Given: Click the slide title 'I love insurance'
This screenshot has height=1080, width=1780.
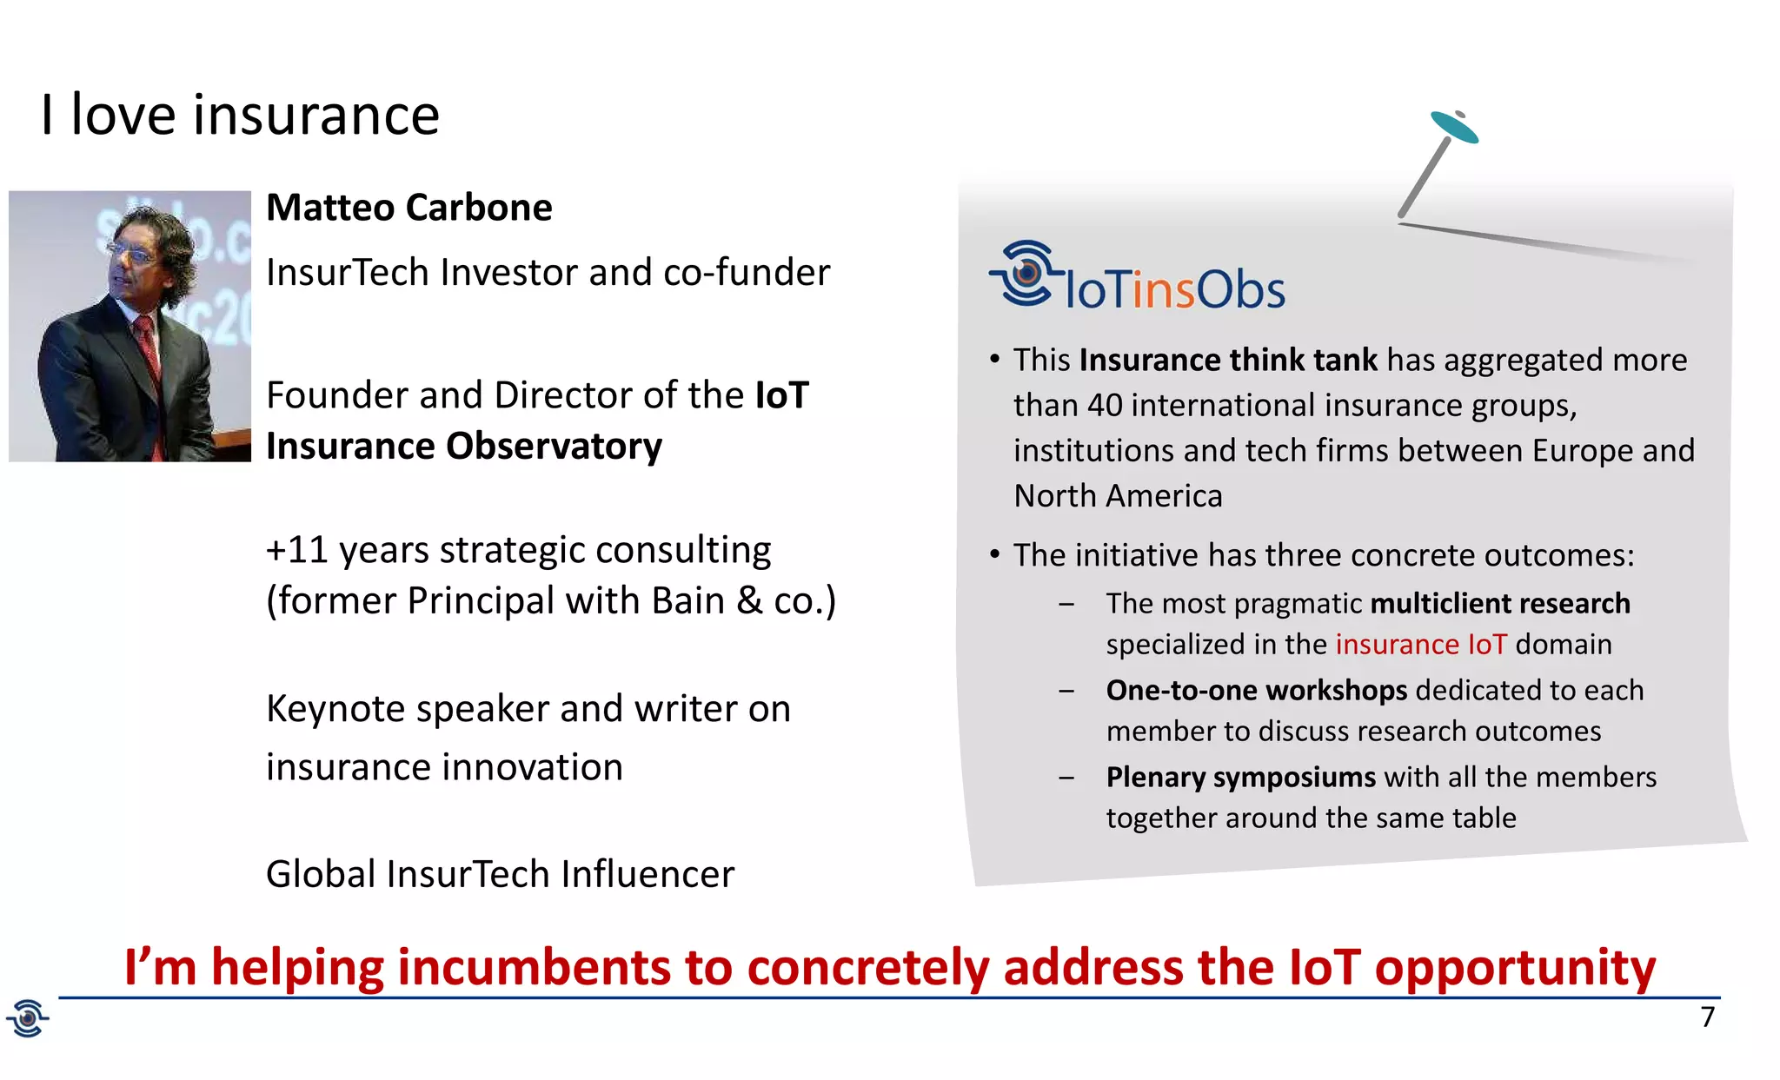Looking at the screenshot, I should [240, 115].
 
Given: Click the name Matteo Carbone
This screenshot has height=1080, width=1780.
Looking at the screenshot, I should [408, 208].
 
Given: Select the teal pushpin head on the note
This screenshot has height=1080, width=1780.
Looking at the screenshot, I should [1454, 127].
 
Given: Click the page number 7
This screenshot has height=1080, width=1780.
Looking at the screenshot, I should [1707, 1017].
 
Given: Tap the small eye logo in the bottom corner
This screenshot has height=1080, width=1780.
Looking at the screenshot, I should [28, 1017].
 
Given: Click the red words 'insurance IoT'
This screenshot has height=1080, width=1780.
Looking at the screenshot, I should [1420, 645].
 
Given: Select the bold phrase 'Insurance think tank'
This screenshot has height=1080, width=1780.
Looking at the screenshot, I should [1227, 360].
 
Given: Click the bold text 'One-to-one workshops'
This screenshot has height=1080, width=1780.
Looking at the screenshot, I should [1256, 690].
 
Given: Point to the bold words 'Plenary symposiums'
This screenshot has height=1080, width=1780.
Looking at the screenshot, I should [1240, 777].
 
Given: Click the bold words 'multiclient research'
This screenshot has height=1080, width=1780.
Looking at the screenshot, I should [1499, 603].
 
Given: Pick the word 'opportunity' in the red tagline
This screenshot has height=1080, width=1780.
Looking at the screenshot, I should [1515, 967].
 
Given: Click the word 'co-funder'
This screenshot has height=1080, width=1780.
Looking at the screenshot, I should [746, 273].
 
